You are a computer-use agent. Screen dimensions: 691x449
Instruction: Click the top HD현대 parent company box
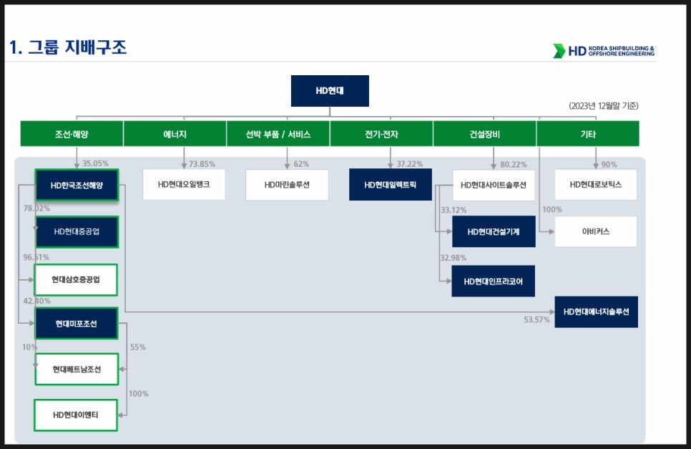(x=330, y=91)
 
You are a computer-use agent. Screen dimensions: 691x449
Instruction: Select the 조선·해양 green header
(x=72, y=134)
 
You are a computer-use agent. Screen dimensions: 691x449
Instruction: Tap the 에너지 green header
(x=175, y=134)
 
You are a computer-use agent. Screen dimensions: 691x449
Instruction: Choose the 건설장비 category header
(x=484, y=134)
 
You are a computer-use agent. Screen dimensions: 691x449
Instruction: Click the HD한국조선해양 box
(x=77, y=185)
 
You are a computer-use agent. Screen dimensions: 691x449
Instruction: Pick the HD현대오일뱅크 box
(x=184, y=184)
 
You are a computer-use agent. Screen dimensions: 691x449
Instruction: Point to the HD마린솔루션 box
(x=287, y=185)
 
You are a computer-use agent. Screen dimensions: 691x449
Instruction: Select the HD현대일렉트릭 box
(x=390, y=185)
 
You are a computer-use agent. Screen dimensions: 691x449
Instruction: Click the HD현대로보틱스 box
(x=595, y=184)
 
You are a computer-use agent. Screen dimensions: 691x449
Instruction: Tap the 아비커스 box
(x=595, y=231)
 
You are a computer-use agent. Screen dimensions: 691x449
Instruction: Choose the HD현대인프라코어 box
(x=493, y=281)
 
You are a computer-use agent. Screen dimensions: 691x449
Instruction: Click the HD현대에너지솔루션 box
(x=597, y=312)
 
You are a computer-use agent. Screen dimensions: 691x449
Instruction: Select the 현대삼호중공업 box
(x=76, y=279)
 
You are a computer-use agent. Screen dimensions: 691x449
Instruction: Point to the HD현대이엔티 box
(x=76, y=415)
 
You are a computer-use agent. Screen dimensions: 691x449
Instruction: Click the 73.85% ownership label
(x=202, y=164)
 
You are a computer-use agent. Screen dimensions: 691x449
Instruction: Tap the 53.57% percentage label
(x=536, y=320)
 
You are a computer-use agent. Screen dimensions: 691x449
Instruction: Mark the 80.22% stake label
(x=514, y=165)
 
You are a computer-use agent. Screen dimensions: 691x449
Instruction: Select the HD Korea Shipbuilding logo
(x=604, y=51)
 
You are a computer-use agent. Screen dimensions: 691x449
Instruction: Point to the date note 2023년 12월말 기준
(x=603, y=106)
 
